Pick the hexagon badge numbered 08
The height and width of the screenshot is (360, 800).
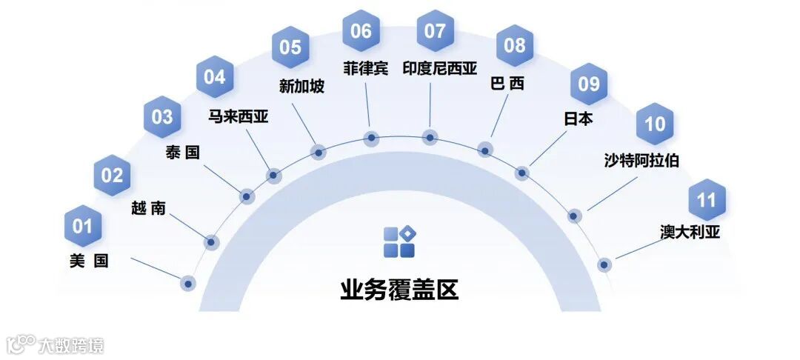click(514, 44)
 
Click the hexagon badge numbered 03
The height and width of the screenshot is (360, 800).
click(162, 117)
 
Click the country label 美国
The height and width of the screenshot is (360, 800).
click(89, 261)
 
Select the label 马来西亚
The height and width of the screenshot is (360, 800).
click(238, 116)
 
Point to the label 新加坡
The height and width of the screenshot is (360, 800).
click(301, 87)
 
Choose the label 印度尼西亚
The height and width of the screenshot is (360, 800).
click(439, 69)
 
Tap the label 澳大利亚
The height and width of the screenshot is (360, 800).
click(690, 232)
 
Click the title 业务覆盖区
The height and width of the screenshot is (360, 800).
click(399, 289)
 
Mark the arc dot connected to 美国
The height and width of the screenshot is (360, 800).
click(188, 282)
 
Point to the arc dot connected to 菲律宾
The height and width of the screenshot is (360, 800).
click(372, 137)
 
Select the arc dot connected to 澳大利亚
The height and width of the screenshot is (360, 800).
click(604, 264)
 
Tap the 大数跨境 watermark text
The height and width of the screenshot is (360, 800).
click(71, 344)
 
